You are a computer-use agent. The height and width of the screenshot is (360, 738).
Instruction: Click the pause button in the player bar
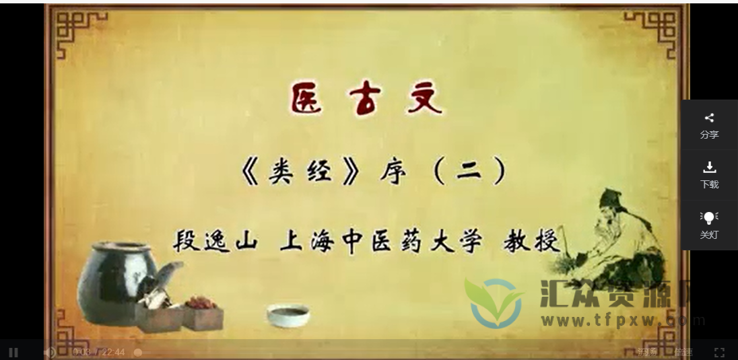tap(13, 352)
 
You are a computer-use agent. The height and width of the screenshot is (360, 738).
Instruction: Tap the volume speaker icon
tap(49, 352)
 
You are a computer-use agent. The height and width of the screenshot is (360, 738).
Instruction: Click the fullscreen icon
tap(719, 352)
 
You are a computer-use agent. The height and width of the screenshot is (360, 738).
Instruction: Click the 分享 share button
tap(709, 125)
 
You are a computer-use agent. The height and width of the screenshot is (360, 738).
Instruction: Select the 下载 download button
tap(709, 174)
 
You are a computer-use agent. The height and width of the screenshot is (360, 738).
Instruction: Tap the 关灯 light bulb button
tap(709, 225)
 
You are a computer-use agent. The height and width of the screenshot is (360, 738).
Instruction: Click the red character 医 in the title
tap(307, 99)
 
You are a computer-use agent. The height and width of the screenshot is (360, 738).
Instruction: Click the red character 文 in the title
tap(424, 99)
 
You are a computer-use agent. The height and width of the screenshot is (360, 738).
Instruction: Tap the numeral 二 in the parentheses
tap(469, 173)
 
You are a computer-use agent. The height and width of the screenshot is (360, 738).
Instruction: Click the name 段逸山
tap(215, 240)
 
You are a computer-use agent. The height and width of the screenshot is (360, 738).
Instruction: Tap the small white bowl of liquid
tap(288, 314)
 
